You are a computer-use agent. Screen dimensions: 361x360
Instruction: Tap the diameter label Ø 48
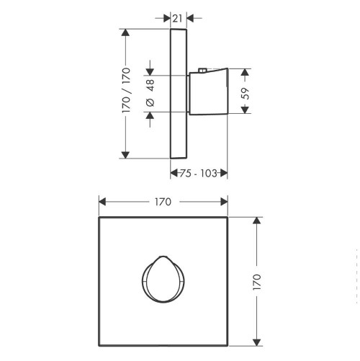coord(150,92)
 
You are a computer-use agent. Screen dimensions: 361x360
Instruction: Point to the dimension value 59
coord(245,92)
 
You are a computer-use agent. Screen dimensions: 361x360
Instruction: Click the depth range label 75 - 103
coord(199,173)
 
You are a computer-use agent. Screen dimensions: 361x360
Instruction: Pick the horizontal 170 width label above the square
coord(163,202)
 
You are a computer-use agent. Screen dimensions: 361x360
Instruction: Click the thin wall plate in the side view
coord(179,92)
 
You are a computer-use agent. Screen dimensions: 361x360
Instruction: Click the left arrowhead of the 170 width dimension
coord(102,202)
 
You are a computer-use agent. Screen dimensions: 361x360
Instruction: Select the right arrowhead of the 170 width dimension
coord(225,202)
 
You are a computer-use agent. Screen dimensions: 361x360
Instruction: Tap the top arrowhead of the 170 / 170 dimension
coord(126,32)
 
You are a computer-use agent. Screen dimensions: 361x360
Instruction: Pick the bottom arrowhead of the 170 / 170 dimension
coord(126,153)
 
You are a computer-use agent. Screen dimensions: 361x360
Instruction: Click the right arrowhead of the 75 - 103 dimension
coord(224,173)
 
